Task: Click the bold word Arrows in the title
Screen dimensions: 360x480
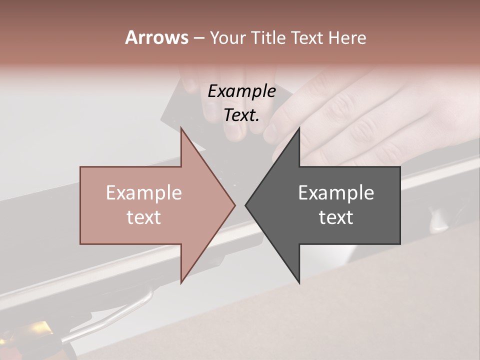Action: pyautogui.click(x=156, y=37)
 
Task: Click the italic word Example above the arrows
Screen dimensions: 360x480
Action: pyautogui.click(x=241, y=91)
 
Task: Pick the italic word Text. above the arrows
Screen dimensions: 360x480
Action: pyautogui.click(x=241, y=115)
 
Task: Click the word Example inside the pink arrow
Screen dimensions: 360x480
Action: pyautogui.click(x=144, y=193)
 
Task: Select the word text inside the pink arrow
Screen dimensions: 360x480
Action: pyautogui.click(x=144, y=217)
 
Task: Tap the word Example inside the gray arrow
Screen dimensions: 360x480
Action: pyautogui.click(x=336, y=193)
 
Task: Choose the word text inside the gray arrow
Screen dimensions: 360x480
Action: pyautogui.click(x=336, y=217)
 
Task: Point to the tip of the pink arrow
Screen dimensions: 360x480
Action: pyautogui.click(x=234, y=205)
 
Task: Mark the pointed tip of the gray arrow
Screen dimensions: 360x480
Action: pyautogui.click(x=246, y=205)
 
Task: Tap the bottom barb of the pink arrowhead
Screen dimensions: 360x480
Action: pyautogui.click(x=181, y=281)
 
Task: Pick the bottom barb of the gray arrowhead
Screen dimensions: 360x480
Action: pyautogui.click(x=299, y=281)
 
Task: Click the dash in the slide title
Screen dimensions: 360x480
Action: pyautogui.click(x=198, y=38)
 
